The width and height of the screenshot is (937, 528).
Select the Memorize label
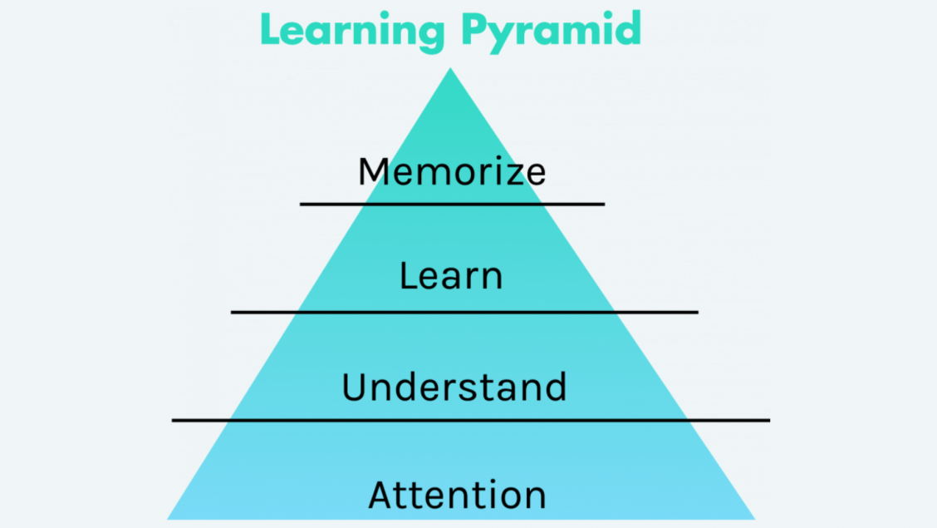(452, 171)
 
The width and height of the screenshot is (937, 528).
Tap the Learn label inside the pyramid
(451, 275)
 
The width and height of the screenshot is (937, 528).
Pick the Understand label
(454, 387)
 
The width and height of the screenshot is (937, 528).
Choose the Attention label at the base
(457, 495)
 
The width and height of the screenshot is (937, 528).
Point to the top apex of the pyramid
(451, 69)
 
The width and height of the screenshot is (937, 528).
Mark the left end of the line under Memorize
(302, 204)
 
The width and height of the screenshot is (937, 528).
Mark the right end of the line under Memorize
(604, 204)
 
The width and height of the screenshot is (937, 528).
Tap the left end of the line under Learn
(232, 312)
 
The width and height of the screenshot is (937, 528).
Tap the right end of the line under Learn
(697, 312)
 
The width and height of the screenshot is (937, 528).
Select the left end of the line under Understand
(173, 420)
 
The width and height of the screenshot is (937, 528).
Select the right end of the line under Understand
(769, 420)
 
